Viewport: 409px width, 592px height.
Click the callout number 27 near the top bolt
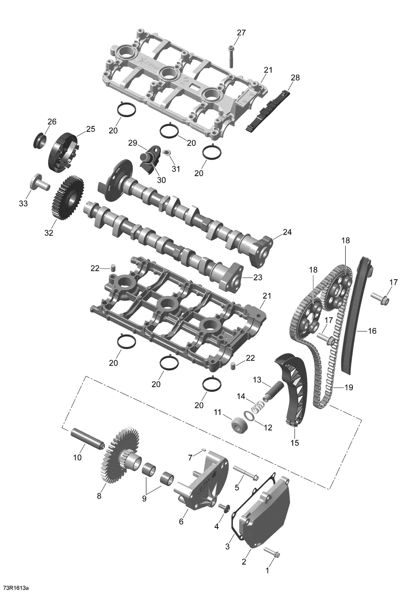point(241,33)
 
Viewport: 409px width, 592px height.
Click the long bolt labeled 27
point(231,57)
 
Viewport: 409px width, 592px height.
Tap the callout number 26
point(52,122)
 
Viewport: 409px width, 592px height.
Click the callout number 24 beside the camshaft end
point(287,232)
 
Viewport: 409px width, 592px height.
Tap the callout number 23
point(258,278)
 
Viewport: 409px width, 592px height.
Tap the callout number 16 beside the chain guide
point(372,331)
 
